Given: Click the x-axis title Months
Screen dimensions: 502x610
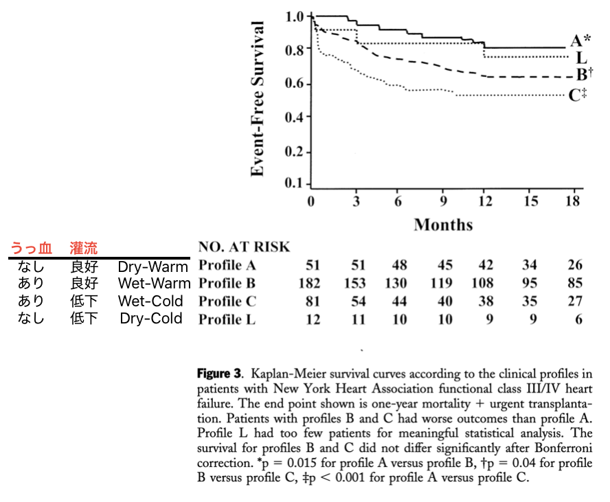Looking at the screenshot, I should pos(443,225).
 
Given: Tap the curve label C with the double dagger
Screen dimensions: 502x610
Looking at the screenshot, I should pos(578,95).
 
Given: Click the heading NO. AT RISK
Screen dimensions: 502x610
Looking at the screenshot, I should pos(244,247).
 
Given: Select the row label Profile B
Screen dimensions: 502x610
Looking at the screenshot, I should pos(229,283).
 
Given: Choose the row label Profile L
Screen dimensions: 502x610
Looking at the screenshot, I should pos(229,319).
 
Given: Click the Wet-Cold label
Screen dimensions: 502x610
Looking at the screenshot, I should pos(150,301).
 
